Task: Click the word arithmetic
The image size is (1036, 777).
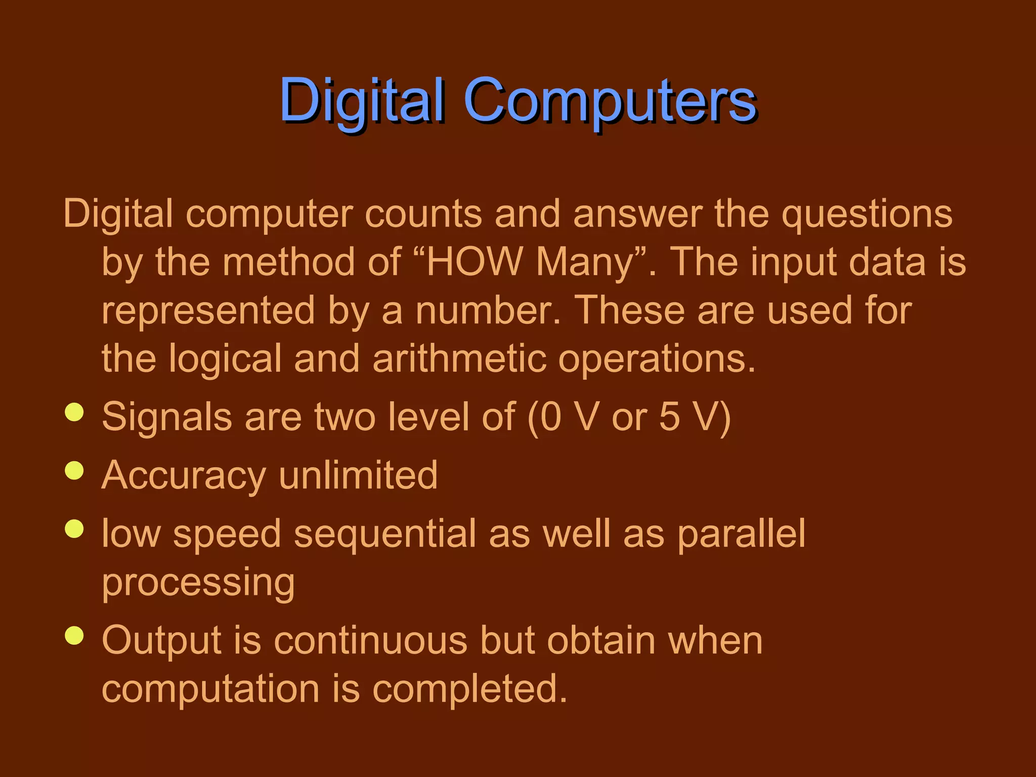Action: [x=459, y=359]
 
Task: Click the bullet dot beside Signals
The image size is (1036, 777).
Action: [x=74, y=412]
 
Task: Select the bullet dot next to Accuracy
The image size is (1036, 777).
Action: [x=74, y=470]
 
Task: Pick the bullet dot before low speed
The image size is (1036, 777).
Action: [x=74, y=529]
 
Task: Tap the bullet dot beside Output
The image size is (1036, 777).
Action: [x=74, y=636]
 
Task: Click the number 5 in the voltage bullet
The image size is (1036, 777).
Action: [x=670, y=417]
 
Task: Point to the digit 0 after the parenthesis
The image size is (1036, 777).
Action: [x=550, y=417]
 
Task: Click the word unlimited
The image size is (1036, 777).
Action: [x=358, y=475]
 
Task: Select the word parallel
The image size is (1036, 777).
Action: [x=741, y=534]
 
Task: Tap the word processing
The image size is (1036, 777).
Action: [x=198, y=583]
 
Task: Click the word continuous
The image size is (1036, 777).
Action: [x=370, y=641]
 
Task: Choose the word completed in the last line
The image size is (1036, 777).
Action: [x=470, y=689]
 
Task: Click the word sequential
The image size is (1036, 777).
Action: [x=385, y=535]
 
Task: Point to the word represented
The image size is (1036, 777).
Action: [x=208, y=311]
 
